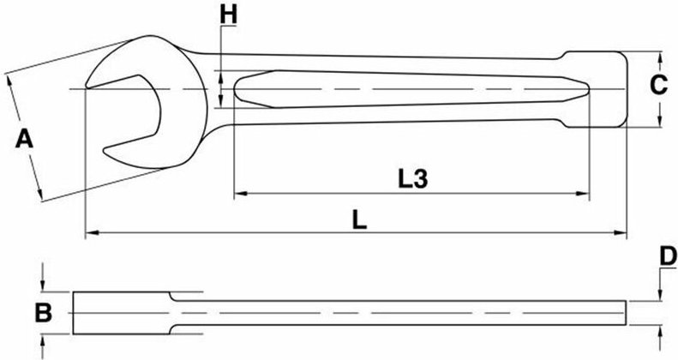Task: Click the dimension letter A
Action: (25, 139)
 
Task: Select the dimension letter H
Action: (227, 15)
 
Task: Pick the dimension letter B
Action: (44, 313)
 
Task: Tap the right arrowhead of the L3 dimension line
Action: (585, 194)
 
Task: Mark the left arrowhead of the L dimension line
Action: (90, 231)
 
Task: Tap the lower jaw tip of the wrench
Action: (108, 155)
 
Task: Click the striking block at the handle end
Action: (596, 90)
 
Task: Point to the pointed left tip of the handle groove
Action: (235, 89)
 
